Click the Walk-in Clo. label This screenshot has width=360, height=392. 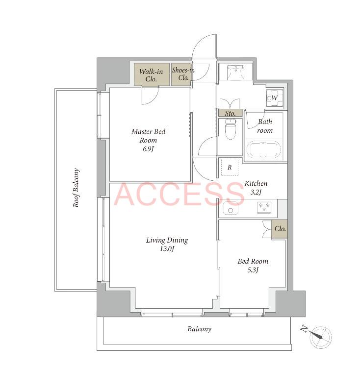click(151, 75)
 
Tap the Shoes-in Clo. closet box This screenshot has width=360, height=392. click(181, 74)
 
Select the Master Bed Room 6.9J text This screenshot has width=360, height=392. click(148, 140)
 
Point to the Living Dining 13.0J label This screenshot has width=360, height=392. click(167, 244)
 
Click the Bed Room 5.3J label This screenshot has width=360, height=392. click(253, 265)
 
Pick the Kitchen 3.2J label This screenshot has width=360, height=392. click(256, 188)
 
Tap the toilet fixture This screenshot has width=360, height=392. click(231, 129)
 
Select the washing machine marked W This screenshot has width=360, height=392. click(275, 98)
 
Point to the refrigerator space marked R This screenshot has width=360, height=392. click(230, 167)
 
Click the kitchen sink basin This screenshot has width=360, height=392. click(231, 209)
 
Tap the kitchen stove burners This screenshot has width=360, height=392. click(264, 208)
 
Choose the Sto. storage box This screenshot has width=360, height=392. click(230, 113)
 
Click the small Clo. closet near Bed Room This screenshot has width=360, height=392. click(280, 229)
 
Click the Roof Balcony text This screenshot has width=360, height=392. click(76, 188)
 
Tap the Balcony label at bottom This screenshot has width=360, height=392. click(200, 329)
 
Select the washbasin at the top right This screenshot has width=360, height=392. click(235, 72)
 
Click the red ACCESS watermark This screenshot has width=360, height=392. click(179, 194)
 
